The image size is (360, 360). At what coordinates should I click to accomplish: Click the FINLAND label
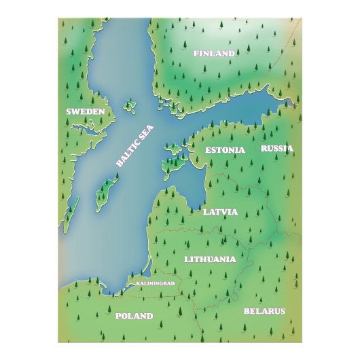pyautogui.click(x=213, y=53)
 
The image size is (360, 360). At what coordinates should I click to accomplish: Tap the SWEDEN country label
pyautogui.click(x=85, y=111)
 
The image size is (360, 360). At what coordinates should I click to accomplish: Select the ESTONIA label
pyautogui.click(x=225, y=150)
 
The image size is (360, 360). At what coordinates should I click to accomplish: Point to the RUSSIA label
pyautogui.click(x=277, y=148)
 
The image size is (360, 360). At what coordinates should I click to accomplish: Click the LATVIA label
pyautogui.click(x=220, y=212)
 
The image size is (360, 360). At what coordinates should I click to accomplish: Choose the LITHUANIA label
pyautogui.click(x=210, y=259)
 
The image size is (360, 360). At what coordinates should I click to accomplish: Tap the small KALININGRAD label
pyautogui.click(x=156, y=282)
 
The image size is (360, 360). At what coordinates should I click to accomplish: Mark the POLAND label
pyautogui.click(x=134, y=316)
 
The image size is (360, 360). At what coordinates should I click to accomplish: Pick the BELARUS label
pyautogui.click(x=264, y=311)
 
